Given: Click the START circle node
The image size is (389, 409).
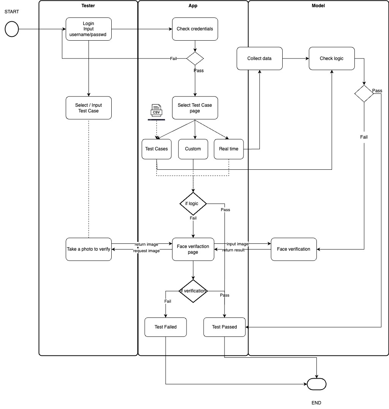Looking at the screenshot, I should coord(12,29).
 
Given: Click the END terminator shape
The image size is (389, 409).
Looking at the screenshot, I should coord(316,384).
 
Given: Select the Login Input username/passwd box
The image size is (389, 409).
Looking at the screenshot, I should coord(89,29).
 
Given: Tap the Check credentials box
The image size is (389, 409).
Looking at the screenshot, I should coord(195,29).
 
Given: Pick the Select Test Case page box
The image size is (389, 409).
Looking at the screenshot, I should coord(195,108).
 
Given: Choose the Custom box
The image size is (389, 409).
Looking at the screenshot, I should coord(193,149).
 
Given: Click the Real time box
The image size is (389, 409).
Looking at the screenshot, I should coord(229,149).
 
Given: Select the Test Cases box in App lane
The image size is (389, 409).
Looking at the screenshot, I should coord(157,149).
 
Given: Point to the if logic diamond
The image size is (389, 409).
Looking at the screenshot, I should coord(193,204).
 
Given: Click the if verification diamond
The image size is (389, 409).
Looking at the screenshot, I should coord(193,291).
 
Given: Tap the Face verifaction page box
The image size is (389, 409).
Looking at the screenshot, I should coord(193,249).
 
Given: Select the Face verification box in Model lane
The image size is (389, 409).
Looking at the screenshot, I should coord(294,249).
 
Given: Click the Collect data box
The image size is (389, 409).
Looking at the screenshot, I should coord(259,58).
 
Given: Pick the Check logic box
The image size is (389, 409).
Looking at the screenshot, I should coord(332,58).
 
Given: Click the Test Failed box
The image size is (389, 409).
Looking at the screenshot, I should coord(166,327).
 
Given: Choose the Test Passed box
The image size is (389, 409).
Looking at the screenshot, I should coord(225,327).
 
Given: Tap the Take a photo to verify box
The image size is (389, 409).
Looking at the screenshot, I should coord(89,249).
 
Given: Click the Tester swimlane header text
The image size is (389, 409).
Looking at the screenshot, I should coord(89,6).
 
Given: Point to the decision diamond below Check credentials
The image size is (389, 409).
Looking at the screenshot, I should coord(195,58).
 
